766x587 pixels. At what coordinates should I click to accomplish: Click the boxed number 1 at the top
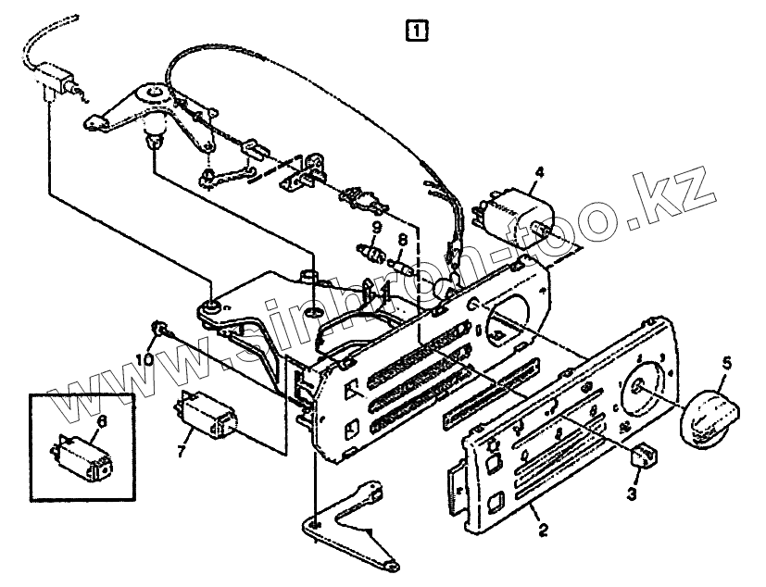point(417,31)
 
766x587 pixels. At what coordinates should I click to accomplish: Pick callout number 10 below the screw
point(148,358)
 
